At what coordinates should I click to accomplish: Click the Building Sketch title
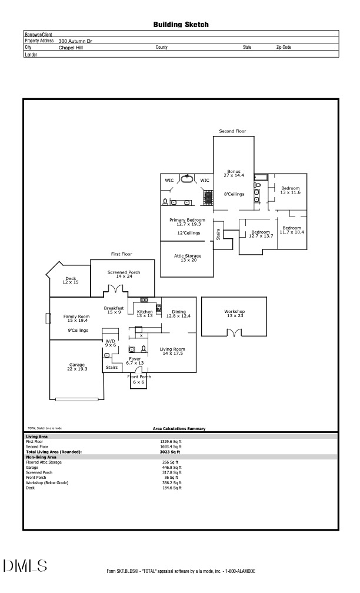(181, 25)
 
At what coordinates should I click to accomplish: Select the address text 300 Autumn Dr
(75, 41)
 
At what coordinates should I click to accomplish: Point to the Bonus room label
(234, 174)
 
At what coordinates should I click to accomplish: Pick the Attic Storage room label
(188, 258)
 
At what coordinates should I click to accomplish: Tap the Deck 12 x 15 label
(71, 281)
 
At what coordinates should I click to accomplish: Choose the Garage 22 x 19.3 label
(77, 367)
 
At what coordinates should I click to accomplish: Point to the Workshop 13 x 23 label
(234, 314)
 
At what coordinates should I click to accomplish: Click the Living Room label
(172, 351)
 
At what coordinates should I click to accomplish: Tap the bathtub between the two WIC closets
(188, 179)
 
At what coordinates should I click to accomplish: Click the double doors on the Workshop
(235, 334)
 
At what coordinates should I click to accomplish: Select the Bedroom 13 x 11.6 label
(290, 190)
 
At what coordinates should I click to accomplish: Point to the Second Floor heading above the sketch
(232, 131)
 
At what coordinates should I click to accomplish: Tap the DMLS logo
(25, 566)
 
